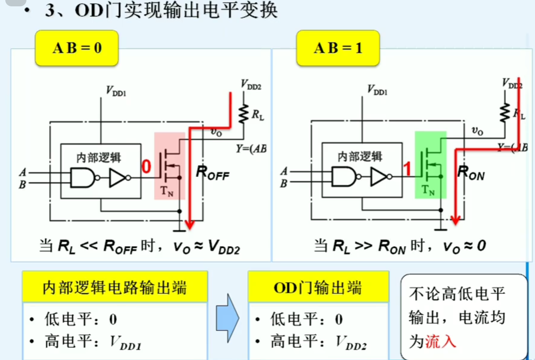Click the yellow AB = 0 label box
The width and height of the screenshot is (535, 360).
(77, 48)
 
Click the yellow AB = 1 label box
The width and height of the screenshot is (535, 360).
(338, 48)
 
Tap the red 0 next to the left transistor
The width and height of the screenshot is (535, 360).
(146, 166)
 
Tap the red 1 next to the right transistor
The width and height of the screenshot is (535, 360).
(407, 169)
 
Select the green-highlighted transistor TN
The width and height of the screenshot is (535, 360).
(430, 165)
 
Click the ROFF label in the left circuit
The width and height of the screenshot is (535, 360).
(212, 173)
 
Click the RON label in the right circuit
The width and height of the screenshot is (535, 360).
(471, 173)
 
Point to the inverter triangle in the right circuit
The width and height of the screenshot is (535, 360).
(379, 177)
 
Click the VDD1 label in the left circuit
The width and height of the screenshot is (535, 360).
(116, 91)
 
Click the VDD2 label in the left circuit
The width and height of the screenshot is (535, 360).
(251, 85)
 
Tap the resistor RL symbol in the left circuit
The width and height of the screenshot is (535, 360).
(243, 114)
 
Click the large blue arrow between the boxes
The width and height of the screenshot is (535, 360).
(228, 318)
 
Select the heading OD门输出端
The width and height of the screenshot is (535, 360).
(318, 288)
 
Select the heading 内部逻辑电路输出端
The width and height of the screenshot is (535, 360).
(114, 288)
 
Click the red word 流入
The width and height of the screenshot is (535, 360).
(441, 341)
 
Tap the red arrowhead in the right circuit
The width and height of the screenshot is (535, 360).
(455, 220)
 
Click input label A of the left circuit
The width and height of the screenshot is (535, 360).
(23, 172)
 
